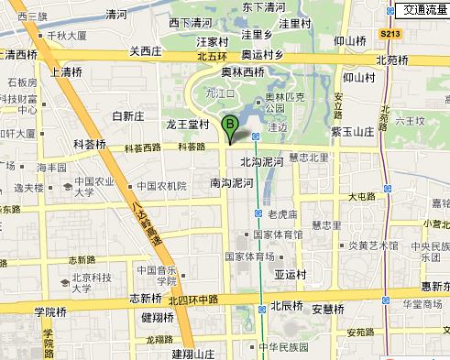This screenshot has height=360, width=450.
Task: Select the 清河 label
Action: [x=116, y=14]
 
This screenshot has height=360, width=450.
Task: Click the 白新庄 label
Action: [x=128, y=115]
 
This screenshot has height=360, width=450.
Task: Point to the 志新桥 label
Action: [x=146, y=298]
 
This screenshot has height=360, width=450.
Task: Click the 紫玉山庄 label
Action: [x=353, y=132]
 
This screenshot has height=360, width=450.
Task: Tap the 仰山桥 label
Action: [x=350, y=40]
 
